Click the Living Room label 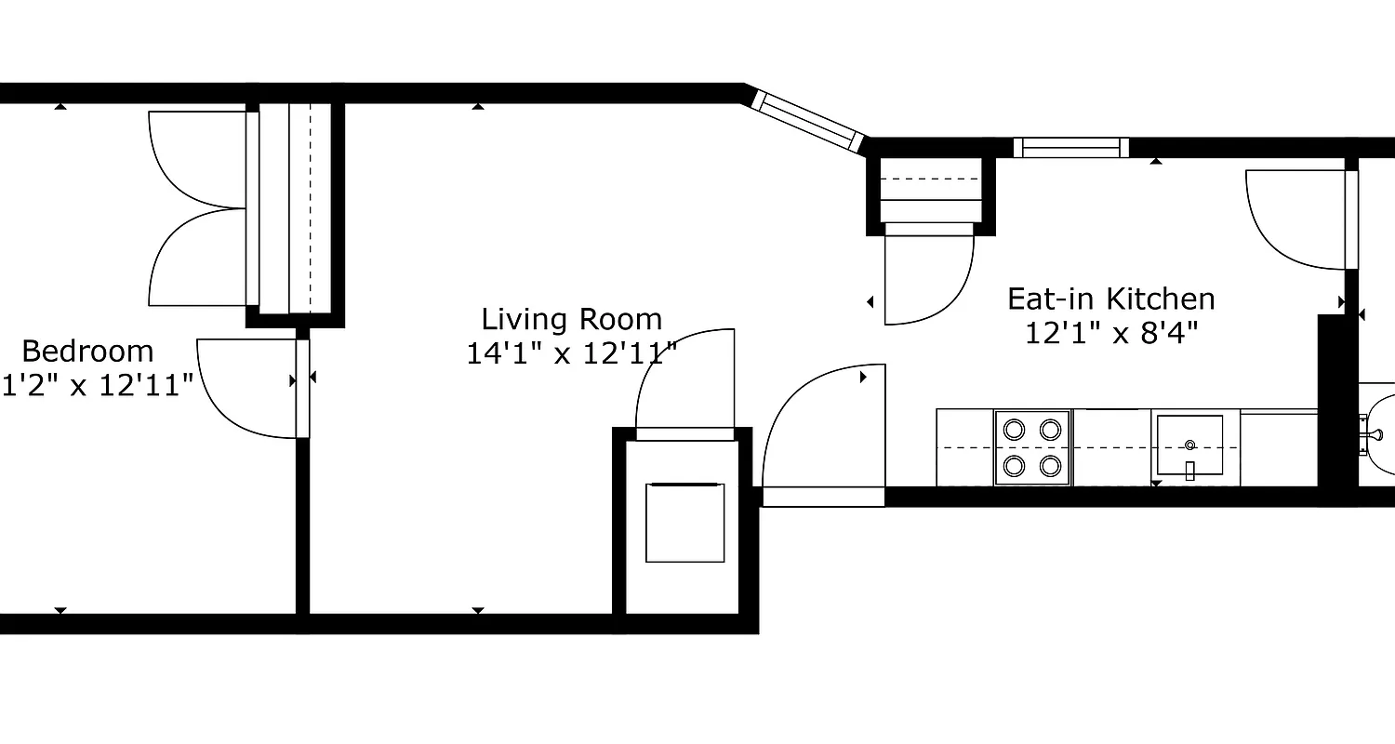571,320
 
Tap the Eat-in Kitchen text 1110,299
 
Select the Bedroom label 87,352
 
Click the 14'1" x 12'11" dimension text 571,353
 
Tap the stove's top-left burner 1014,430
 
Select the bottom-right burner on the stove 1051,464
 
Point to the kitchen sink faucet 1189,471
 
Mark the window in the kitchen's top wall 1070,147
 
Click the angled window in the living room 807,120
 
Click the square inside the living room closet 684,523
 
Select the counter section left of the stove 964,447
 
